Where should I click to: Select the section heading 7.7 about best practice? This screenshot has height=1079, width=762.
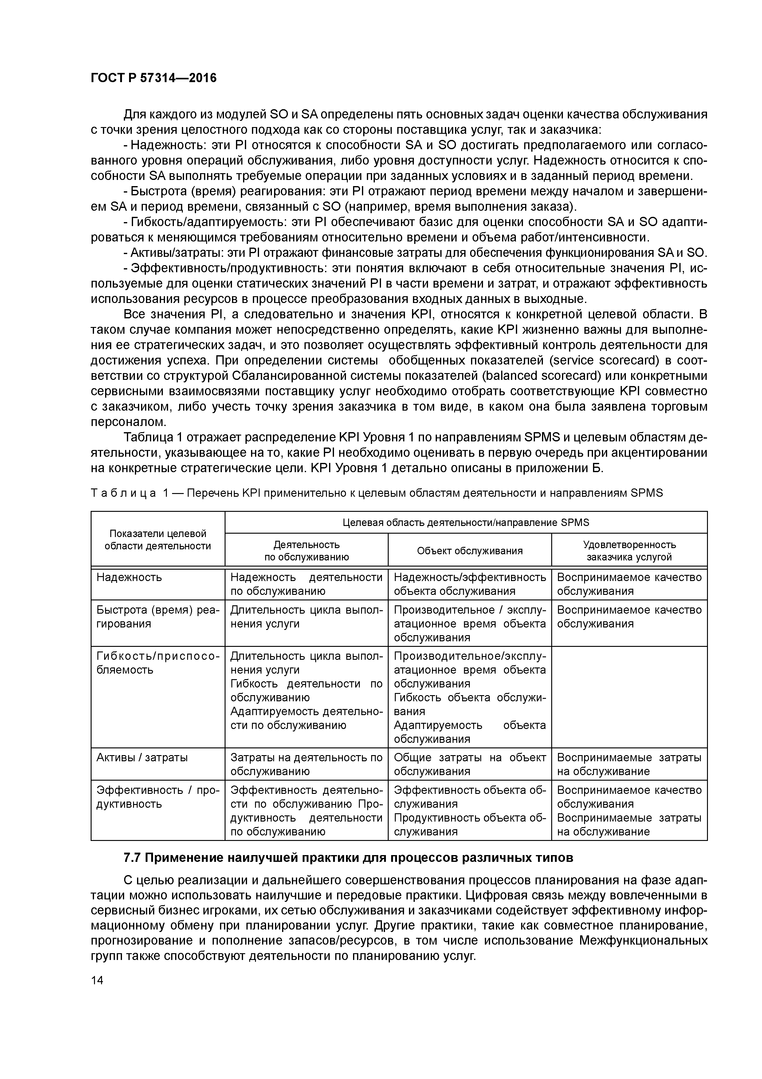click(x=348, y=858)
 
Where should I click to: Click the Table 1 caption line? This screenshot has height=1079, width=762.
click(x=376, y=493)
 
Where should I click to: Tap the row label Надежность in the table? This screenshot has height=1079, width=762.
click(x=129, y=577)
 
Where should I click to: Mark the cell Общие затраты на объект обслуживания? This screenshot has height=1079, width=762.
click(x=469, y=764)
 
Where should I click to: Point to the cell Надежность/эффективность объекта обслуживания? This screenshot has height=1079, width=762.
click(x=469, y=584)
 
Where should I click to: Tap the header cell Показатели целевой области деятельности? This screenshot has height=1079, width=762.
click(x=158, y=539)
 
